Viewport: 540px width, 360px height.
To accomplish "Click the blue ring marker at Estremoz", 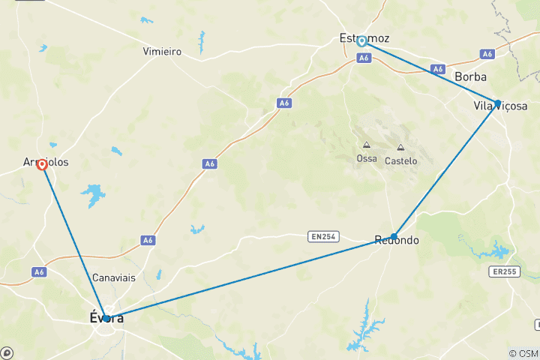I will (x=361, y=41).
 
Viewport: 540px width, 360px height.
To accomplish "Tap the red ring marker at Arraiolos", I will (x=43, y=165).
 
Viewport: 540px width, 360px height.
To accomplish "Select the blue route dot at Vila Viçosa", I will (x=497, y=103).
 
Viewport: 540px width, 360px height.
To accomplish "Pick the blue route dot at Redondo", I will (x=394, y=236).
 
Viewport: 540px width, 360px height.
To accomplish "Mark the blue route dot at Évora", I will (x=106, y=318).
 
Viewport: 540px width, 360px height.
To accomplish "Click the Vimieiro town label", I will (x=162, y=52).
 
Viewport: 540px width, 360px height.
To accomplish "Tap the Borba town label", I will (x=470, y=77).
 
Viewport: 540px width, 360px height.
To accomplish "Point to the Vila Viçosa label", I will (x=500, y=106).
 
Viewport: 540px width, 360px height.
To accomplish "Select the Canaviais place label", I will (x=113, y=277).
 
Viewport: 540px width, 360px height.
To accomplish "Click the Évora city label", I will (x=101, y=319).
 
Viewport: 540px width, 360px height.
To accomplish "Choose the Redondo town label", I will (x=397, y=241).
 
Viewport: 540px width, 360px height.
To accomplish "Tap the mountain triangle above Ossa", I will (x=366, y=145).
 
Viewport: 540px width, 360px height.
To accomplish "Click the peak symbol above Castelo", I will (x=400, y=148).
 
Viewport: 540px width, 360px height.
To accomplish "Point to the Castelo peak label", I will (x=400, y=160).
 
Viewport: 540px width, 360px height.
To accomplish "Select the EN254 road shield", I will (x=322, y=237).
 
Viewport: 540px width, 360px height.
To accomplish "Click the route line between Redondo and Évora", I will (x=247, y=277).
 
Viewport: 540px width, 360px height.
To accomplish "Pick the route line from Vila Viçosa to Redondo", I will (x=445, y=169).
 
